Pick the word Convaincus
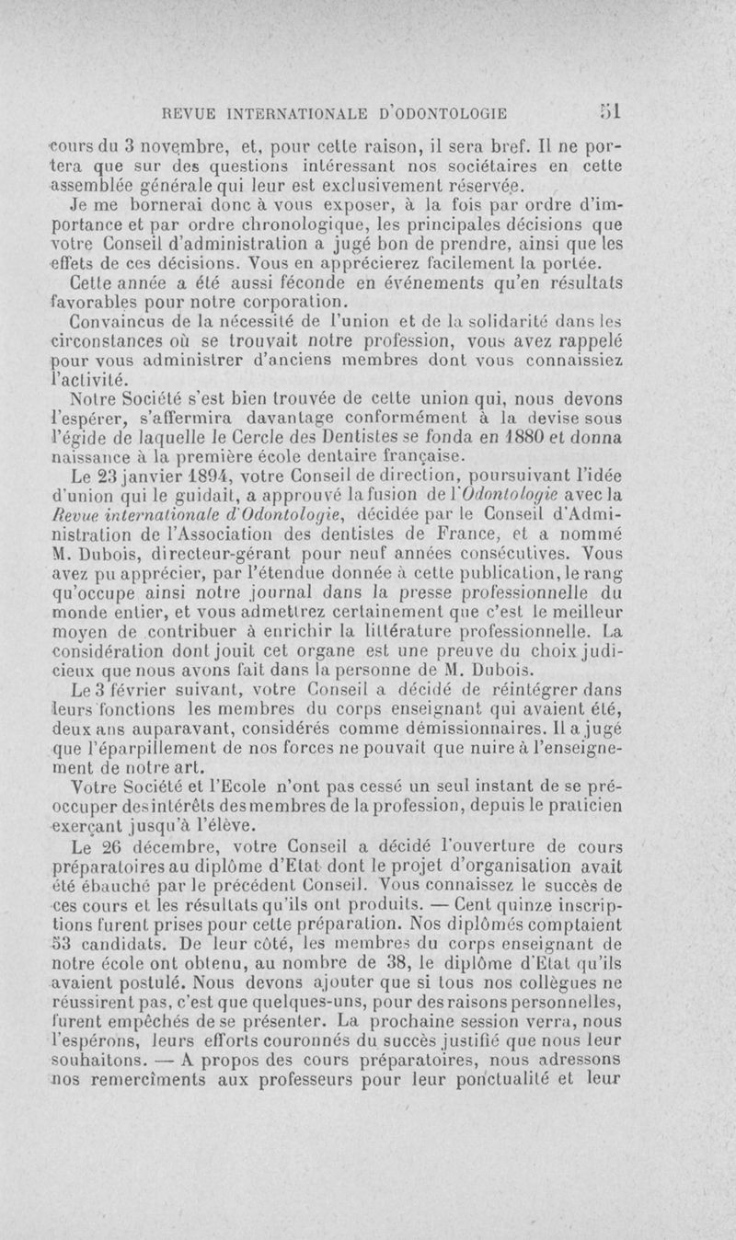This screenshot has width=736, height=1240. click(x=116, y=323)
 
